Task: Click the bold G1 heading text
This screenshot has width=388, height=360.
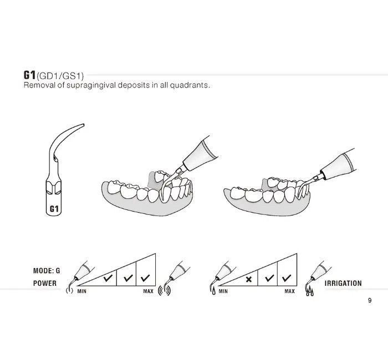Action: (30, 75)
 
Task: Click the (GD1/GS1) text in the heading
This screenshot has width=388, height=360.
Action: (60, 76)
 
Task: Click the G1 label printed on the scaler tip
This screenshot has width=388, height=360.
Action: (54, 209)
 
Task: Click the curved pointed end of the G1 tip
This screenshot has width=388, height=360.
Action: (83, 125)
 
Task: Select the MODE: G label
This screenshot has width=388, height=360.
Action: (47, 271)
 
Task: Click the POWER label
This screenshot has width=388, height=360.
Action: (45, 284)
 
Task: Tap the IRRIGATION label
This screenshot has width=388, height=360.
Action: (343, 284)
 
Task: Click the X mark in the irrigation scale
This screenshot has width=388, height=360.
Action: (249, 280)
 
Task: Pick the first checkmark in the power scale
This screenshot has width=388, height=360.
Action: (108, 278)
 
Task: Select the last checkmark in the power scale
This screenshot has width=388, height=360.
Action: (145, 278)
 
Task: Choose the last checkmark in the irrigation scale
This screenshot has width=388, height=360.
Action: (287, 278)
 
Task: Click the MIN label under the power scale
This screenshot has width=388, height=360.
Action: (82, 291)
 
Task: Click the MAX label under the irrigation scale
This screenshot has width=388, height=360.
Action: (289, 291)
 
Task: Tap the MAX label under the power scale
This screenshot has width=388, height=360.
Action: (148, 291)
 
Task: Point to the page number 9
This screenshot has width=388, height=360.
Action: (370, 300)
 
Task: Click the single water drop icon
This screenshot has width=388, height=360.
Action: (214, 291)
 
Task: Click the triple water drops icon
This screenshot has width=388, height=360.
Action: (310, 291)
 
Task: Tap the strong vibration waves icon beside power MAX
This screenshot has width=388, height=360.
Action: (164, 291)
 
